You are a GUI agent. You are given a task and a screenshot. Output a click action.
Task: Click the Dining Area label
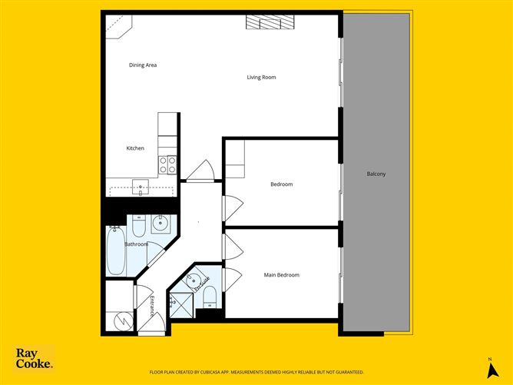click(x=143, y=65)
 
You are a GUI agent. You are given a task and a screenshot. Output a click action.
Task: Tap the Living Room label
click(x=261, y=78)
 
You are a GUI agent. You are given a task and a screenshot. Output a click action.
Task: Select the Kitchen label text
click(x=135, y=148)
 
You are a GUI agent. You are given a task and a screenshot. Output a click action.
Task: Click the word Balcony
click(x=376, y=174)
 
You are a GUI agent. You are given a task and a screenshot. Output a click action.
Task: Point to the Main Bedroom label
click(x=282, y=275)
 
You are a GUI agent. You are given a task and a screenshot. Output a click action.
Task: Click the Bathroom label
click(x=137, y=244)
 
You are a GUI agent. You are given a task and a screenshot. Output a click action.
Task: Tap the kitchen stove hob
click(x=167, y=164)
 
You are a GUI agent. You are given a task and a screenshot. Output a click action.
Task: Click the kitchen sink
click(x=141, y=186)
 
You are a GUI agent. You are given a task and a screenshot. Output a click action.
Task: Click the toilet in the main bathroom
click(x=139, y=227)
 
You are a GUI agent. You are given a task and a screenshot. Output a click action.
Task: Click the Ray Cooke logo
click(x=35, y=358)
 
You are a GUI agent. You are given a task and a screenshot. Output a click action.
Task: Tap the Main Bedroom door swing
click(x=233, y=277)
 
